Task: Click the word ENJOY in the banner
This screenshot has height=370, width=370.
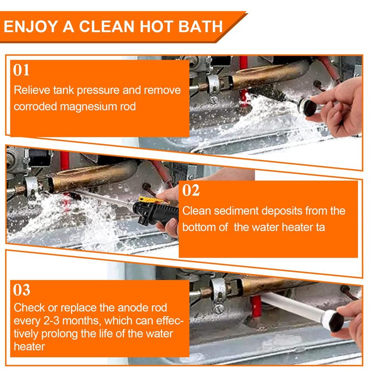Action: (31, 26)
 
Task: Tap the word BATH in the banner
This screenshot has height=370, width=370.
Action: (201, 26)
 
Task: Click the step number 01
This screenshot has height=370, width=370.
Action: (21, 70)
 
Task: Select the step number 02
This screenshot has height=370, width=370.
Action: (191, 191)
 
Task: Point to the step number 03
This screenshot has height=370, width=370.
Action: (21, 290)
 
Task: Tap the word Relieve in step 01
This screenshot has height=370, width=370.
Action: (32, 90)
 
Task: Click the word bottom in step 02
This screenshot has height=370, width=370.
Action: (199, 227)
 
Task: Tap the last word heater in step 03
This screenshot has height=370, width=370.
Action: (29, 346)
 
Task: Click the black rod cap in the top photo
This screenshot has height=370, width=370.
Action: (307, 108)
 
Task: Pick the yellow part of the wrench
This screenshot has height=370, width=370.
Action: (150, 201)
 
